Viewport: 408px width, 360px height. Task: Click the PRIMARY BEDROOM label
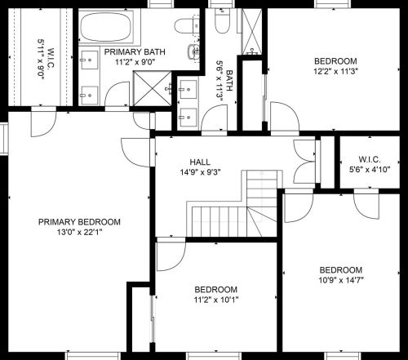(x=79, y=222)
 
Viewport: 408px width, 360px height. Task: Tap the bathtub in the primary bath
(x=106, y=26)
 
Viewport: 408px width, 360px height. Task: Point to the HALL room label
(x=200, y=162)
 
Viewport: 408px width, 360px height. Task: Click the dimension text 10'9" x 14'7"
(x=341, y=280)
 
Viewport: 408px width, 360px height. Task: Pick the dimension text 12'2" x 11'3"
(x=335, y=71)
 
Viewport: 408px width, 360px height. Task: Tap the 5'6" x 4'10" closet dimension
(x=370, y=170)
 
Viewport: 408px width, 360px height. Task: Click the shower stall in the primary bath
(x=153, y=88)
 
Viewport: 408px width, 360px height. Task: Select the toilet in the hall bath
(x=223, y=20)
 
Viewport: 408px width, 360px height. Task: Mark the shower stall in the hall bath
(x=252, y=31)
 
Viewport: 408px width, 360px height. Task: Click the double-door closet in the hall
(x=305, y=162)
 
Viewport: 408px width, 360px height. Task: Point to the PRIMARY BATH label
(x=135, y=52)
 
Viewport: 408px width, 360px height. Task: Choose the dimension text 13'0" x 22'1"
(x=79, y=233)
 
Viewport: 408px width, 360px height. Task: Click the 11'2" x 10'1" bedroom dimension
(x=216, y=300)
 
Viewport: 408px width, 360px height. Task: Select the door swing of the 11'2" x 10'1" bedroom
(x=171, y=254)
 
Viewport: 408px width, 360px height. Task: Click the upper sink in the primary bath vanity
(x=90, y=60)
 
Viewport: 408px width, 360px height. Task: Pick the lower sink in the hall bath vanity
(x=188, y=118)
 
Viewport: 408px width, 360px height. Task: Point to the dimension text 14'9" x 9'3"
(x=200, y=172)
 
